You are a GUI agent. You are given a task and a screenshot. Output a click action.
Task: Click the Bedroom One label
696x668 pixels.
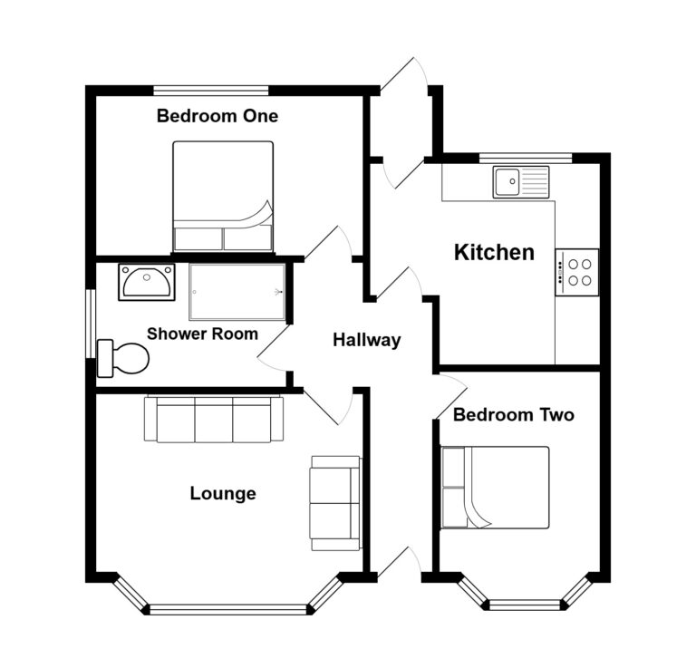(217, 116)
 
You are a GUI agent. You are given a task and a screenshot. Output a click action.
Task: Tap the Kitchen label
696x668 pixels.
(494, 252)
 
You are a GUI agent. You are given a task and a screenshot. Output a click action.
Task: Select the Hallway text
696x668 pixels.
(366, 341)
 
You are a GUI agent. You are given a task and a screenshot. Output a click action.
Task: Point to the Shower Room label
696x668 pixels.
(202, 334)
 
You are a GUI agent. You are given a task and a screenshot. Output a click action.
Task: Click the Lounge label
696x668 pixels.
(222, 494)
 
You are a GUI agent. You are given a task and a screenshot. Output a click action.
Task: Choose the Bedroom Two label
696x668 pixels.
(513, 415)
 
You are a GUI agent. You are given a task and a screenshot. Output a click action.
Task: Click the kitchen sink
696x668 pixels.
(521, 181)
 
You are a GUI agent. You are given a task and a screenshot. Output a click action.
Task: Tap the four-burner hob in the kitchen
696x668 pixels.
(576, 271)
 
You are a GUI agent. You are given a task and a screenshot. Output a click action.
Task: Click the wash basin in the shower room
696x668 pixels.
(146, 283)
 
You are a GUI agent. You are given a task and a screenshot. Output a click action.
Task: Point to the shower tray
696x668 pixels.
(237, 292)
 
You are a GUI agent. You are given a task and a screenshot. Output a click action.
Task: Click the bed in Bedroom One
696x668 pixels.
(223, 196)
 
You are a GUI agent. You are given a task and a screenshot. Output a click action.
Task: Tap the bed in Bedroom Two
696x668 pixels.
(495, 487)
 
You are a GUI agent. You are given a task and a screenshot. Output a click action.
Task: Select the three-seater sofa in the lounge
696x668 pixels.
(213, 420)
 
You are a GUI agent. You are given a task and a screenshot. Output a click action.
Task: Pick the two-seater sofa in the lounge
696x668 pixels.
(335, 502)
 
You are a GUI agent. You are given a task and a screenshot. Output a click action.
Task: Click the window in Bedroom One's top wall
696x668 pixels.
(211, 90)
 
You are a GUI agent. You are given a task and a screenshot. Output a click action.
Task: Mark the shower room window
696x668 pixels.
(91, 323)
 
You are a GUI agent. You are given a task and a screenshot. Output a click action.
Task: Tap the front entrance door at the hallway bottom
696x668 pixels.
(400, 562)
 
